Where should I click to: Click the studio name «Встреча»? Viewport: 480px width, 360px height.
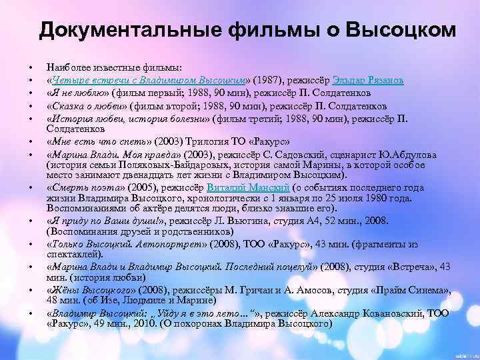403,267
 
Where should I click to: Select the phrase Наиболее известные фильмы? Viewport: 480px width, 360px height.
118,67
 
